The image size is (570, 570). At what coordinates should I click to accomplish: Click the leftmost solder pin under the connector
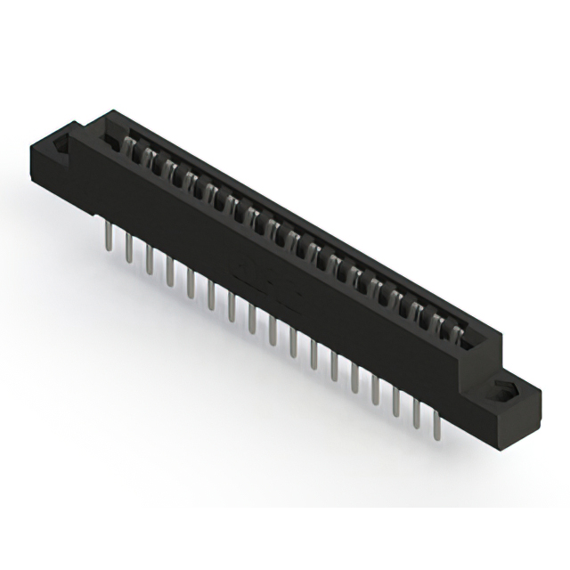[108, 238]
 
